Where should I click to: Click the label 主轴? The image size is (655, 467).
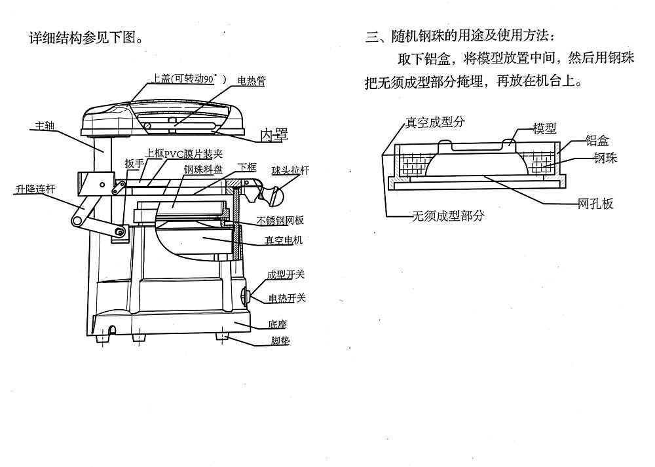click(x=45, y=125)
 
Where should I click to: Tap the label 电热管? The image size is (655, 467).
click(x=252, y=81)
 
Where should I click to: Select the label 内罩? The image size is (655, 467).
click(x=274, y=134)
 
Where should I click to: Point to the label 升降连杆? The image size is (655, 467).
click(x=35, y=189)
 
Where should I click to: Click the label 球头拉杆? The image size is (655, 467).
click(x=290, y=170)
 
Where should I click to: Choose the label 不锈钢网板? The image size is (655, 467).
click(x=280, y=221)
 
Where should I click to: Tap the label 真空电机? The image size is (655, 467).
click(x=283, y=240)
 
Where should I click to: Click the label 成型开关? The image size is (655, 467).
click(x=286, y=275)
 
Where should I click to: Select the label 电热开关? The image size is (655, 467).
click(x=287, y=298)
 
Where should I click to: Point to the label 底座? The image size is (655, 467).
click(x=277, y=324)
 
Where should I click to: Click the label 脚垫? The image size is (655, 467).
click(x=280, y=341)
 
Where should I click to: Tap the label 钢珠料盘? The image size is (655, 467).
click(x=204, y=169)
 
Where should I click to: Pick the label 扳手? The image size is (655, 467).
click(x=134, y=163)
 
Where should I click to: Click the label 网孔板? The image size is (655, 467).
click(x=595, y=204)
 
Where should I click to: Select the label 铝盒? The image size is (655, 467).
click(x=597, y=140)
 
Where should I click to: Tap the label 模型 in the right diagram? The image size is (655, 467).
click(x=545, y=128)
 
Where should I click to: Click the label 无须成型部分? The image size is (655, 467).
click(x=448, y=215)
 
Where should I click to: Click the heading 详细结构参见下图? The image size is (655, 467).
click(x=86, y=38)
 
